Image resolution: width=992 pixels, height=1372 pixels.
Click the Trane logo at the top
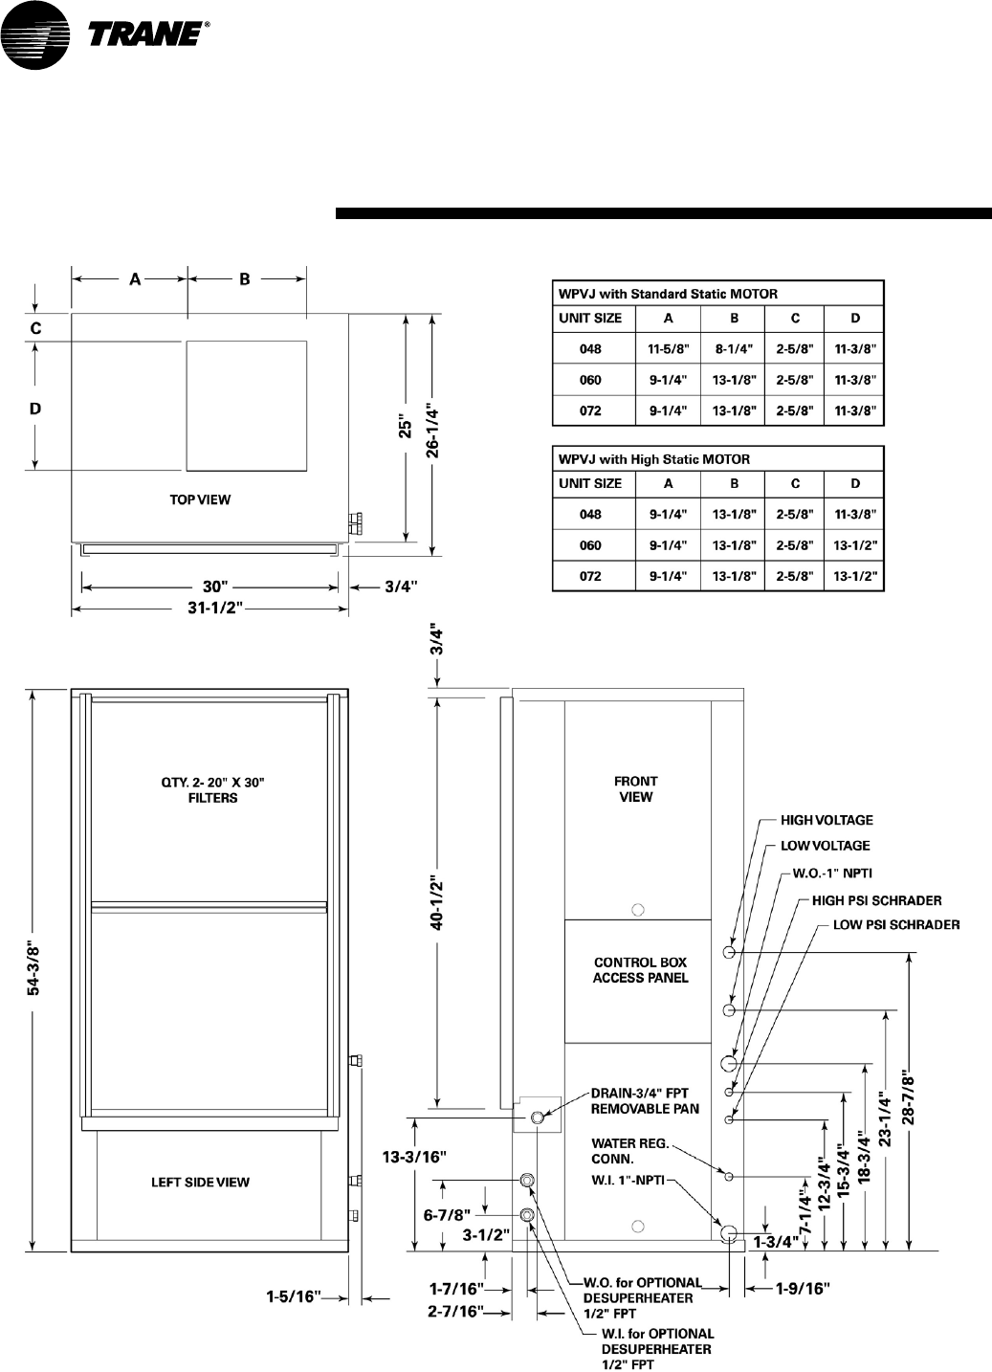tap(105, 35)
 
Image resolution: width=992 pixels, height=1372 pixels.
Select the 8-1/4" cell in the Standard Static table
tap(733, 349)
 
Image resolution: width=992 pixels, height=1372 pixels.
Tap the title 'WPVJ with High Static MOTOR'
tap(654, 459)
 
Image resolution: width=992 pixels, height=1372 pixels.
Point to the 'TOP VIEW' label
tap(200, 499)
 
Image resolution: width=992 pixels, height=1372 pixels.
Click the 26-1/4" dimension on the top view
tap(432, 435)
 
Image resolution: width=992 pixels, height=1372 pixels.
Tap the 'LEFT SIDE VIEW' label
tap(200, 1183)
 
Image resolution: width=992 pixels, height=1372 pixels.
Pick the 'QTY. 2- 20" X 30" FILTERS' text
tap(212, 789)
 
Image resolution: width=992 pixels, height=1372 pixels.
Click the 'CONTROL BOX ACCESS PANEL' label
tap(640, 970)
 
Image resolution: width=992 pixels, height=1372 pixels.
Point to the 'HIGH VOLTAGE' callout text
tap(827, 820)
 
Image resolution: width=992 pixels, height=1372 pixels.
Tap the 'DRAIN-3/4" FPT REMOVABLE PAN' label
tap(645, 1100)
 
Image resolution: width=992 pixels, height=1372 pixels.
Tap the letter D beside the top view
tap(35, 409)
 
